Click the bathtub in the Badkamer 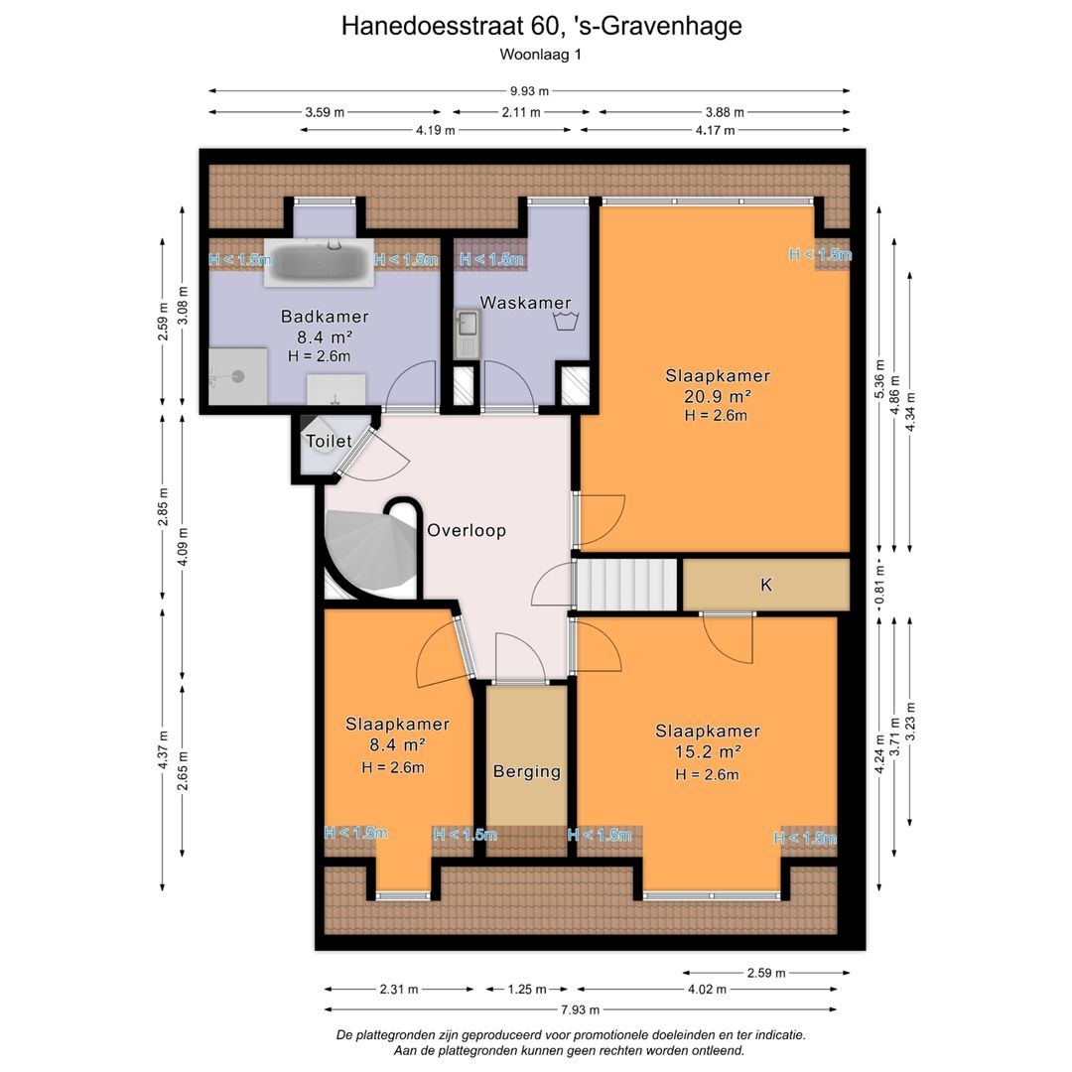pos(319,262)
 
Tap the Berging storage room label pos(526,771)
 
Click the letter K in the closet pos(765,585)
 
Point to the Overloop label pos(467,531)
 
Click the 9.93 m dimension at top pos(529,91)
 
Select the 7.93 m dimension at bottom pos(580,1009)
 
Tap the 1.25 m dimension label pos(526,989)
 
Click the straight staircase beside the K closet pos(628,584)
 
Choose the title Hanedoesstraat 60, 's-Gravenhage pos(541,26)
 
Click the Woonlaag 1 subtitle pos(540,56)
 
